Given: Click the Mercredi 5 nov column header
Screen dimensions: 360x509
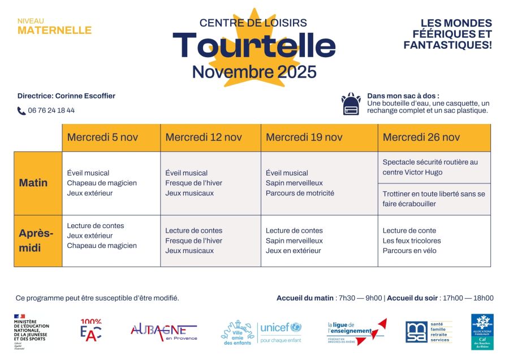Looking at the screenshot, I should click(x=102, y=138).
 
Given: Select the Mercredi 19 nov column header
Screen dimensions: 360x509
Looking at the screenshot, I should click(x=304, y=138).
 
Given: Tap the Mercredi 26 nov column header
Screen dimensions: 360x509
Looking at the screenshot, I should click(x=421, y=138).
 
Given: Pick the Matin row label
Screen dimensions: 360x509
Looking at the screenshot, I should click(x=33, y=183).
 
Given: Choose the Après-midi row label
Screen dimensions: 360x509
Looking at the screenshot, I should click(x=36, y=241).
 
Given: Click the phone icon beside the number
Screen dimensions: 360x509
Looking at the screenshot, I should click(x=21, y=111).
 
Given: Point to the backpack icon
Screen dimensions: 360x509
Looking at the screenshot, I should click(x=351, y=104).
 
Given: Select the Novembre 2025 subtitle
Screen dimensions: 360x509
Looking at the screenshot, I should click(x=254, y=72).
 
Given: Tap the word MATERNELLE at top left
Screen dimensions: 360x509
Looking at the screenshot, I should click(x=54, y=31).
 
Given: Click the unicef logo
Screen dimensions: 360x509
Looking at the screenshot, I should click(x=281, y=332).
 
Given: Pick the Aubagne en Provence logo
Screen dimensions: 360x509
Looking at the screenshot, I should click(x=163, y=331).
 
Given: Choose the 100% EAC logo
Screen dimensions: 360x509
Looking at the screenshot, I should click(x=91, y=330).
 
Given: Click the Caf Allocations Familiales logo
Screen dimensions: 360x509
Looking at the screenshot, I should click(x=482, y=331).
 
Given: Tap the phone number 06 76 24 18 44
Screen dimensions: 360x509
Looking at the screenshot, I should click(x=51, y=111).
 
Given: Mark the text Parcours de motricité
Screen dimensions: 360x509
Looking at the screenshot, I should click(x=300, y=193).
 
